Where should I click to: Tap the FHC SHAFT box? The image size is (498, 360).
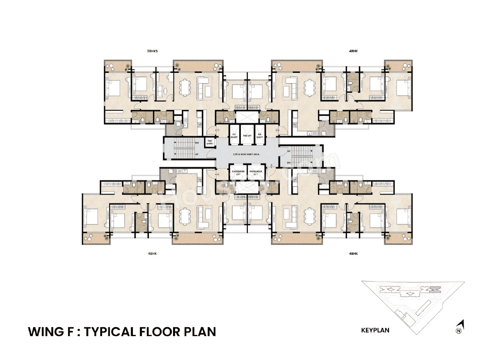(x=210, y=142)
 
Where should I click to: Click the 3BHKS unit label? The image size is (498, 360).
(x=152, y=51)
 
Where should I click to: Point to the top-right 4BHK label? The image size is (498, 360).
(x=353, y=51)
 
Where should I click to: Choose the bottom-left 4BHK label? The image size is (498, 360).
(x=152, y=254)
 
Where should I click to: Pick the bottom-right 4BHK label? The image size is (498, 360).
(x=353, y=254)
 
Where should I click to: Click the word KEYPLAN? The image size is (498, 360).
(x=375, y=330)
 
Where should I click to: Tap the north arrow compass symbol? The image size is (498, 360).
(x=459, y=327)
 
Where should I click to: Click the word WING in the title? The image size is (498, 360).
(x=44, y=332)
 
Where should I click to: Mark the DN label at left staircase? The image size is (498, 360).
(x=196, y=142)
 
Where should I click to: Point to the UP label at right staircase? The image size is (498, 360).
(x=288, y=151)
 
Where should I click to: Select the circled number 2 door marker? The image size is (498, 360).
(x=276, y=130)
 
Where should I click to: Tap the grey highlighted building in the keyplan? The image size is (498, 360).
(x=435, y=289)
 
